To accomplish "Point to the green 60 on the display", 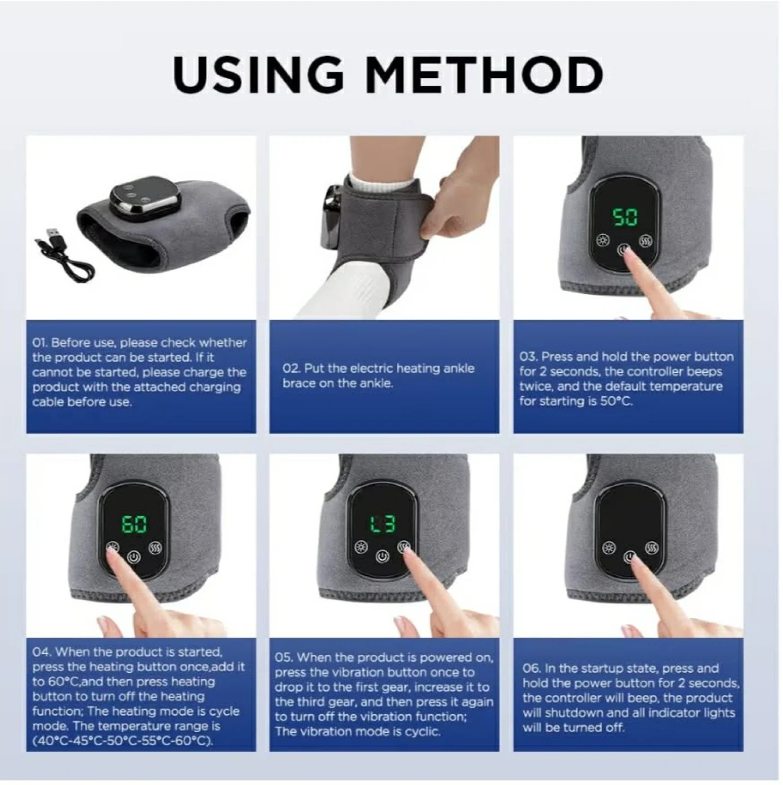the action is [x=135, y=523].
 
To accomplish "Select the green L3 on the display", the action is [x=382, y=523].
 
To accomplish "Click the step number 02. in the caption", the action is [x=291, y=369].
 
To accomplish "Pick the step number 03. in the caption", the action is [x=529, y=357].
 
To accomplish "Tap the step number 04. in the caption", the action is [x=41, y=652].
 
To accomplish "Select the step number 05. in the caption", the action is [x=284, y=657].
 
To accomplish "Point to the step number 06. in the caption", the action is [x=532, y=669].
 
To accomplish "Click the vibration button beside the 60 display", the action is [x=156, y=548].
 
